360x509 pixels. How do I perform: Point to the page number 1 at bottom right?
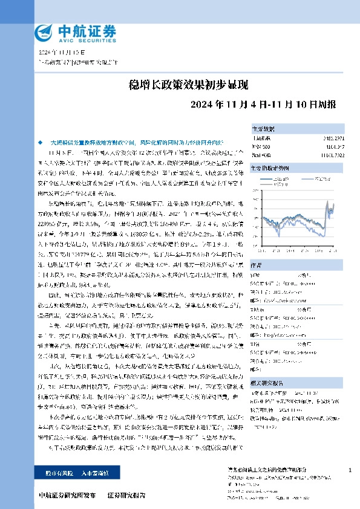click(350, 470)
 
